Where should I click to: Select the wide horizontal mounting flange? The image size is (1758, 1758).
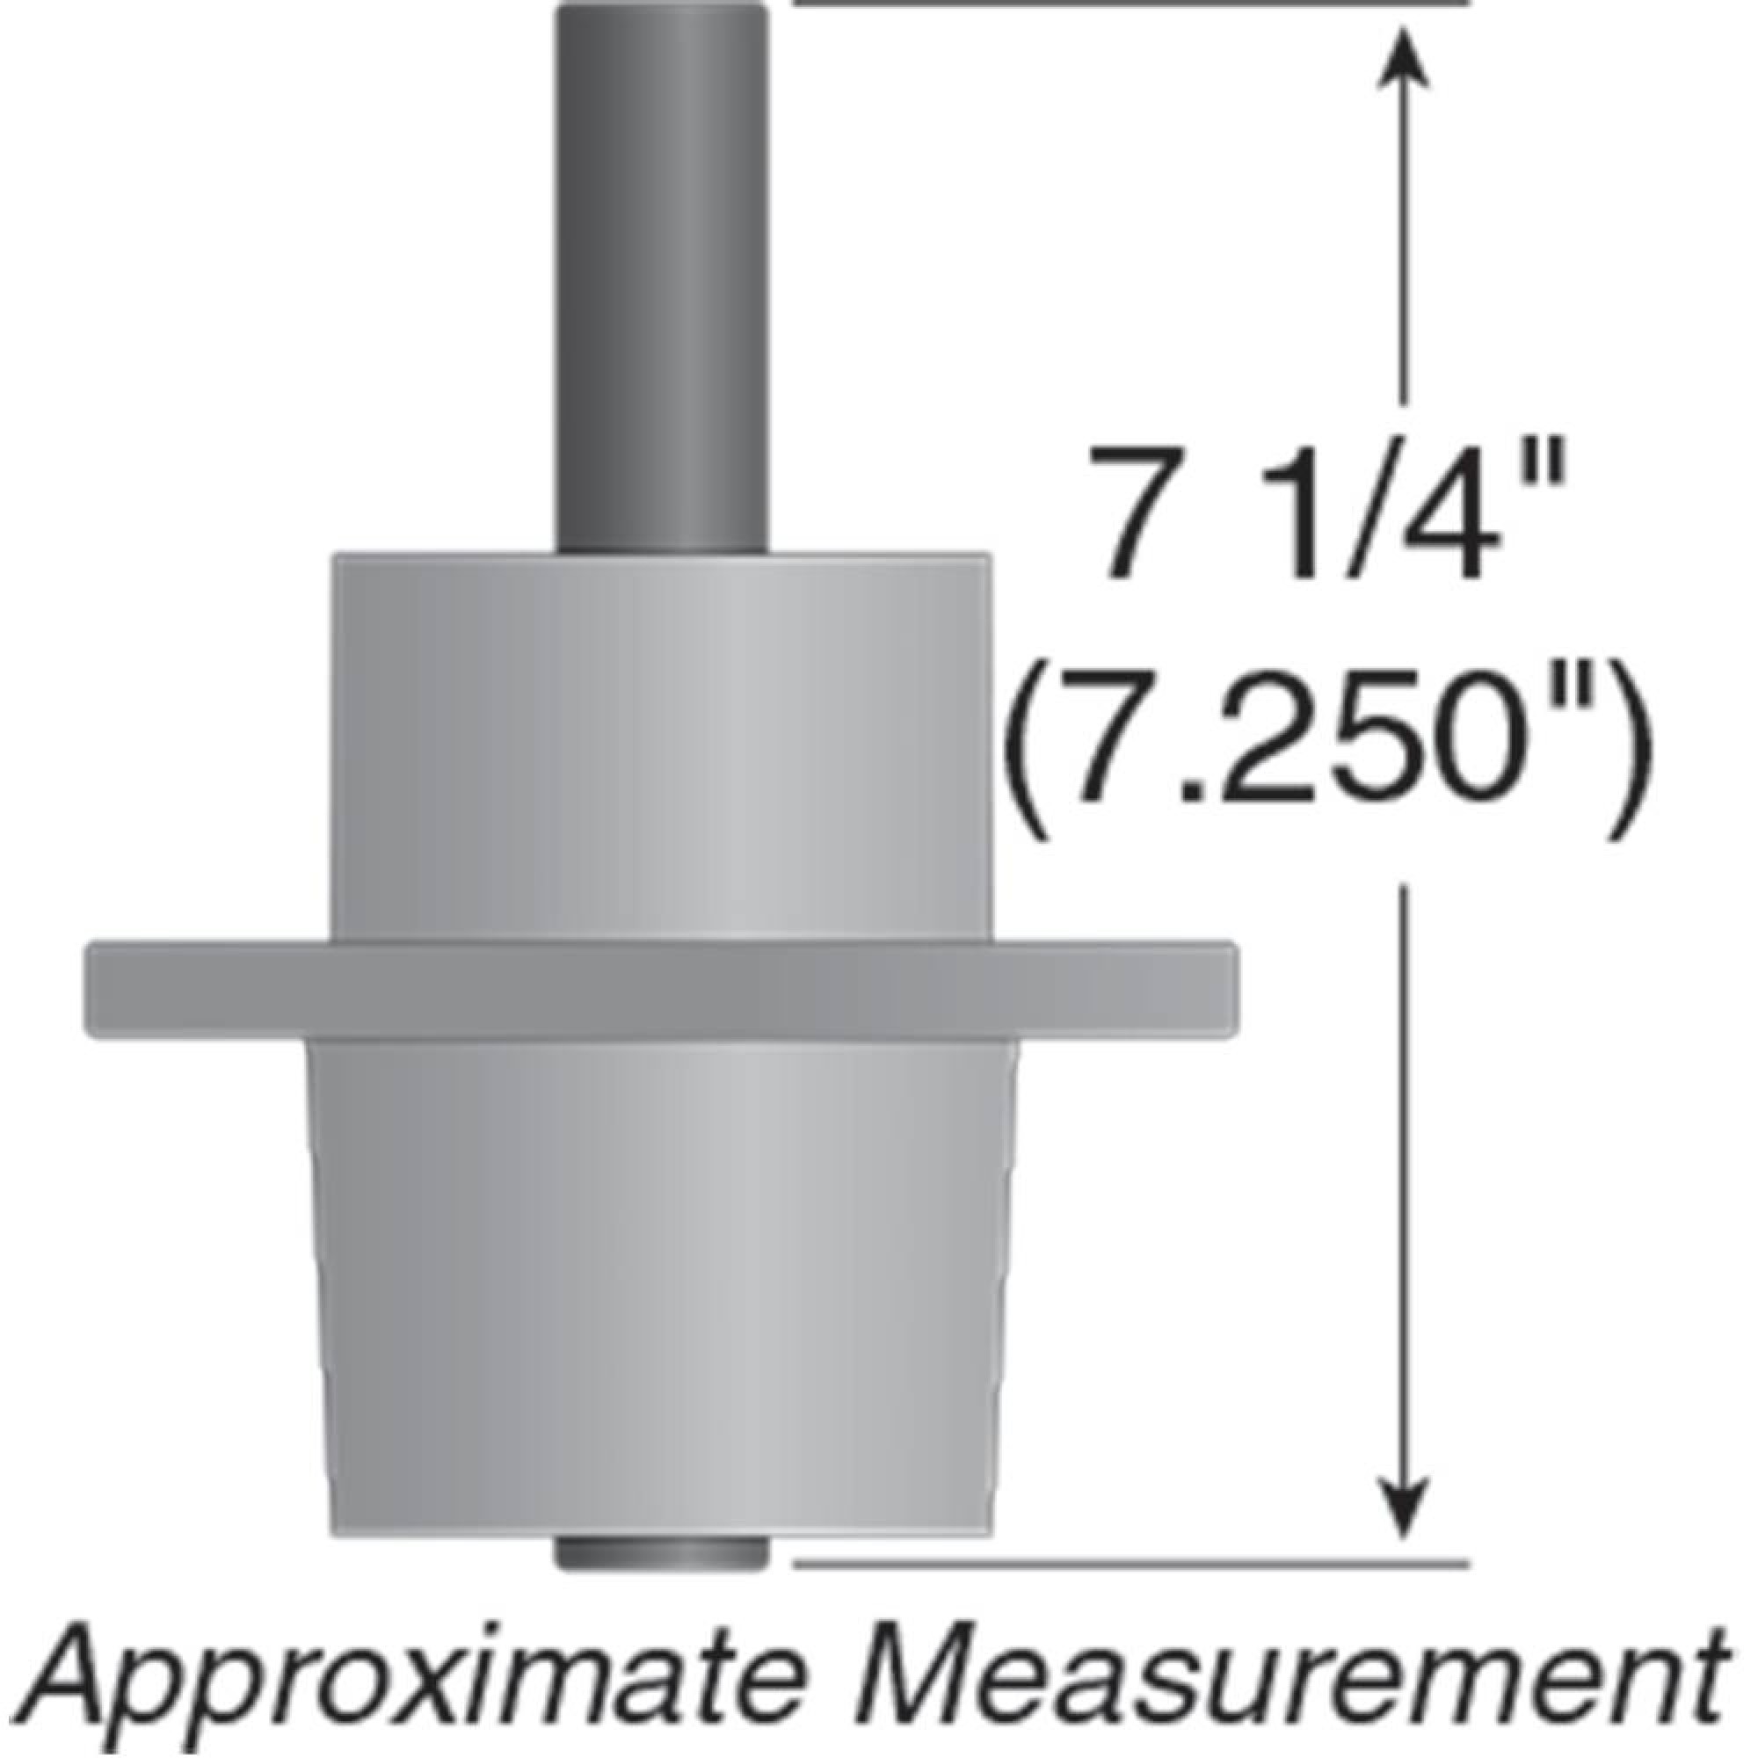pyautogui.click(x=663, y=990)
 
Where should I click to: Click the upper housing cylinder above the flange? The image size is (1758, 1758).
pyautogui.click(x=663, y=746)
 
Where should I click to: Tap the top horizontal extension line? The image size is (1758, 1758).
pyautogui.click(x=1129, y=4)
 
